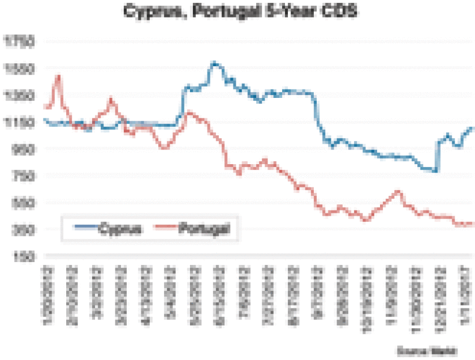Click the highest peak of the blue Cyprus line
coord(214,62)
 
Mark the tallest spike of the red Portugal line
coord(58,75)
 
